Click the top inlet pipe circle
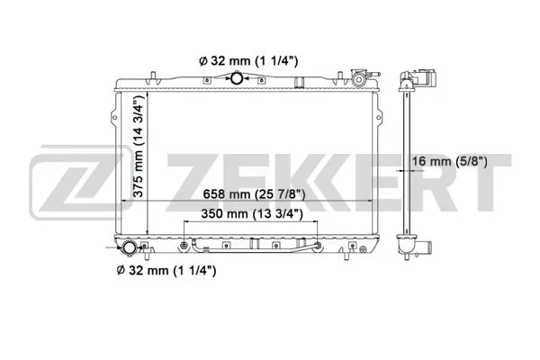tap(237, 80)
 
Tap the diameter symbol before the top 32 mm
tap(202, 61)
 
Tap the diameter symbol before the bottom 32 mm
tap(119, 269)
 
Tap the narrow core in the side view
tap(409, 162)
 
